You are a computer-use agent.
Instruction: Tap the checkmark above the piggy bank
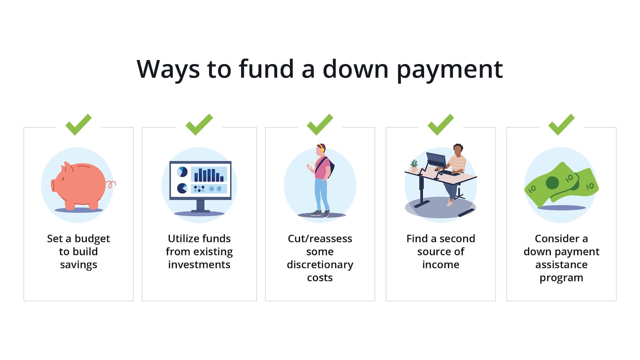click(x=78, y=124)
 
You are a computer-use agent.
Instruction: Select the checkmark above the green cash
click(x=561, y=124)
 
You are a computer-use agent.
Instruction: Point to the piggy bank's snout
click(x=53, y=185)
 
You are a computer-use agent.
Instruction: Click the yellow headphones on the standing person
click(x=322, y=148)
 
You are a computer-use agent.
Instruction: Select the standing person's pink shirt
click(x=321, y=168)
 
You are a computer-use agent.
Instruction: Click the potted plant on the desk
click(x=414, y=166)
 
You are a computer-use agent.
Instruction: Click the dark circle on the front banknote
click(x=552, y=183)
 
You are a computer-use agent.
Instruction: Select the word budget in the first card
click(x=92, y=239)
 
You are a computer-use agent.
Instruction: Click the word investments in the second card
click(x=199, y=265)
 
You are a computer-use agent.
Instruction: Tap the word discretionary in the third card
click(x=320, y=265)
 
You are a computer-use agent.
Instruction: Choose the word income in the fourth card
click(x=440, y=265)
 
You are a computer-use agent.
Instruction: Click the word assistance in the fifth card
click(x=561, y=265)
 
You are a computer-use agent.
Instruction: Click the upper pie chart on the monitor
click(x=182, y=172)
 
